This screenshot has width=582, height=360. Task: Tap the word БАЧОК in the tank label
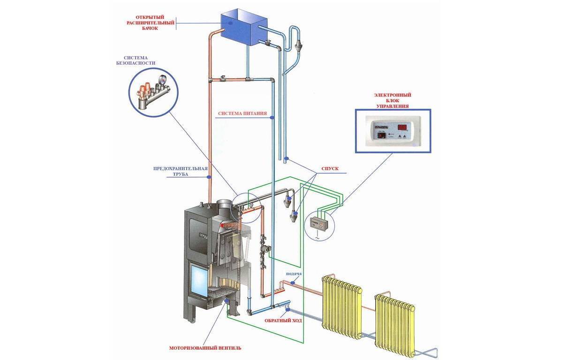pyautogui.click(x=150, y=29)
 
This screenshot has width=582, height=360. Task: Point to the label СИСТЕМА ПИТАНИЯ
pyautogui.click(x=242, y=114)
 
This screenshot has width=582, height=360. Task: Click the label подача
pyautogui.click(x=293, y=274)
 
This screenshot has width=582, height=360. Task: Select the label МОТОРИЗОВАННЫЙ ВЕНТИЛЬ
pyautogui.click(x=205, y=348)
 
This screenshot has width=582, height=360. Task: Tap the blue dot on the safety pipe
pyautogui.click(x=208, y=177)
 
